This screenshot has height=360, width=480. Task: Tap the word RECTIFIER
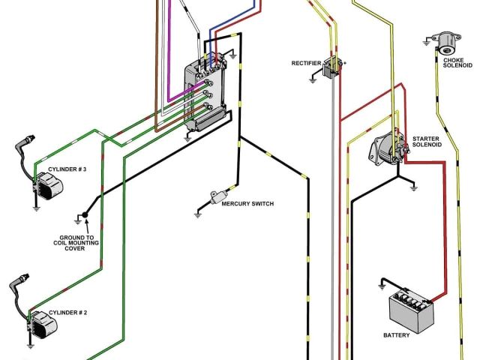pos(307,63)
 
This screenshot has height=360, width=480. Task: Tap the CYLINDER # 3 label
pos(67,169)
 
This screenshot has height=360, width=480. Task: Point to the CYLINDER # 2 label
pos(67,311)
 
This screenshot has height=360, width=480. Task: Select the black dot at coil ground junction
pos(85,215)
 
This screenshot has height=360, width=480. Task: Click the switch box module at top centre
pos(204,94)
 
